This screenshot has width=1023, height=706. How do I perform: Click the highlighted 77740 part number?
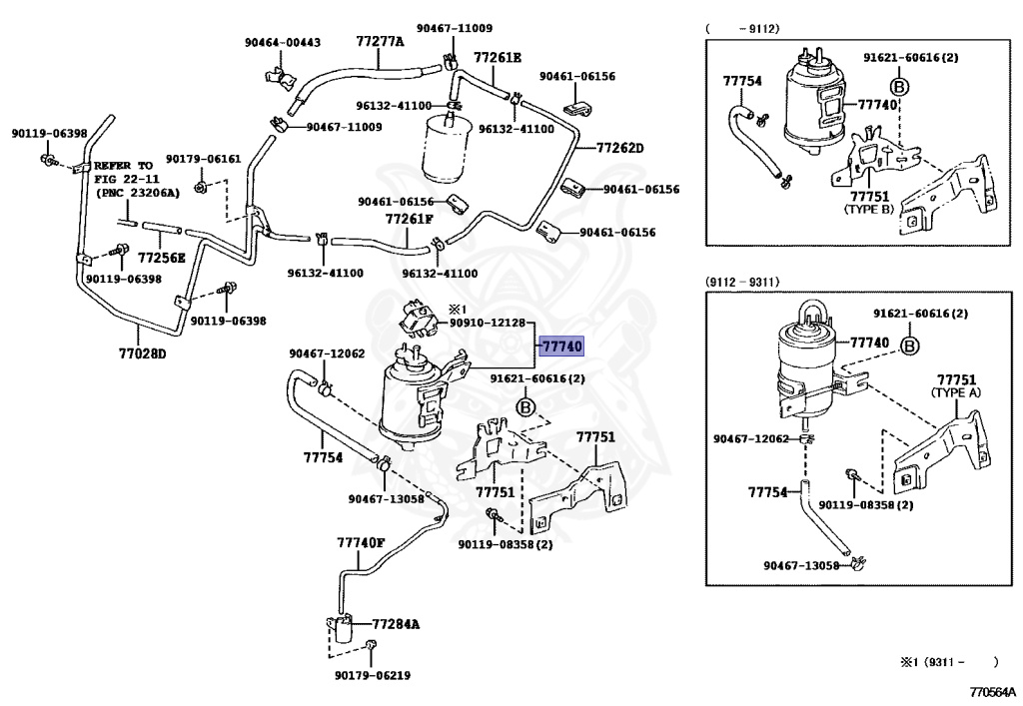click(560, 347)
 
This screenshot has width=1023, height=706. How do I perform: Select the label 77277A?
click(380, 41)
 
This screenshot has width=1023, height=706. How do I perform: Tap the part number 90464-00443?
click(283, 43)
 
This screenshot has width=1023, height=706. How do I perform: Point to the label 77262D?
click(620, 148)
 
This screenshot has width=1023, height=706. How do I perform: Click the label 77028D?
click(142, 353)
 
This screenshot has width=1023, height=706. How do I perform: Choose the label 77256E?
click(161, 257)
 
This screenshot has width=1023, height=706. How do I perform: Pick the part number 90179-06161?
click(203, 159)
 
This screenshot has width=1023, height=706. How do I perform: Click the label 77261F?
click(410, 219)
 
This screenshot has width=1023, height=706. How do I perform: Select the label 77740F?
click(361, 543)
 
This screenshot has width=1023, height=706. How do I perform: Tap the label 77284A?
click(396, 624)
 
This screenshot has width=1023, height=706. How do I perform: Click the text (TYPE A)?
click(956, 393)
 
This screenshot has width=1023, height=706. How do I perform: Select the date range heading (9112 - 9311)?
click(742, 283)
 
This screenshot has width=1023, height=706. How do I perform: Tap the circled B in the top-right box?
click(898, 88)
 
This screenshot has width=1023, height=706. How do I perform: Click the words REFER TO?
click(124, 165)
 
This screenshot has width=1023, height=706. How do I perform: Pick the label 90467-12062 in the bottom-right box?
click(751, 439)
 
